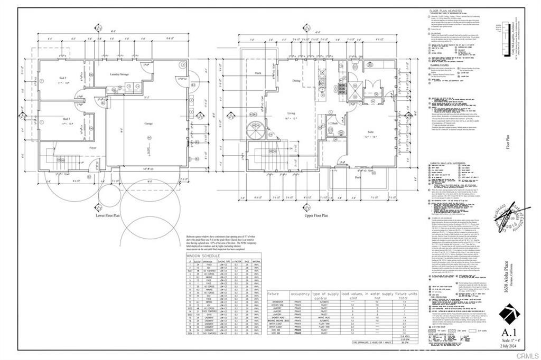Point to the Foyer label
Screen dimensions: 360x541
[x=92, y=148]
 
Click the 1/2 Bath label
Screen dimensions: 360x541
[x=333, y=123]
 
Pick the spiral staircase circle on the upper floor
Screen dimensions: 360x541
[x=258, y=129]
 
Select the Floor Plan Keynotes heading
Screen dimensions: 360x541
[x=445, y=10]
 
